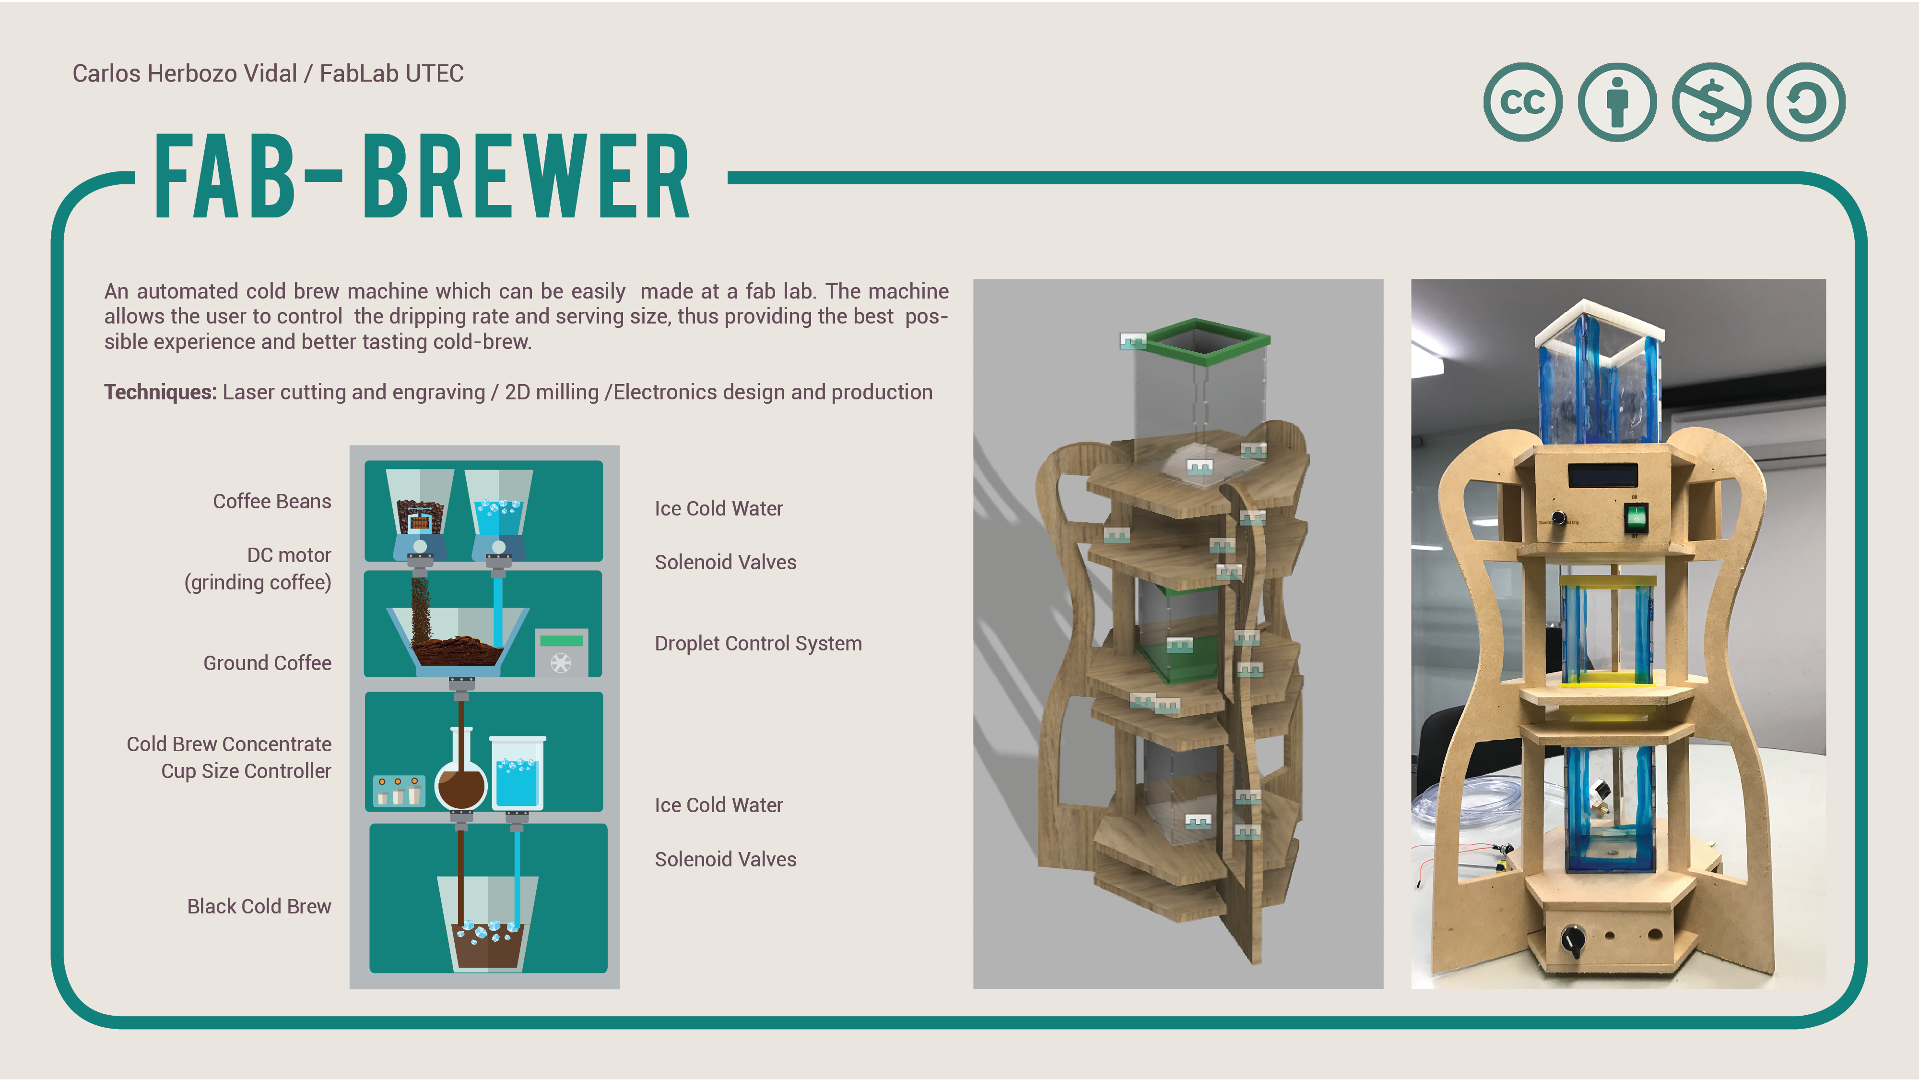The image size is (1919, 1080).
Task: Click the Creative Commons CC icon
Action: [1523, 102]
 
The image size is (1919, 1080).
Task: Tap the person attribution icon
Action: [1617, 102]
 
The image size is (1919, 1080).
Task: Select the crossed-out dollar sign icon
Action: [1712, 102]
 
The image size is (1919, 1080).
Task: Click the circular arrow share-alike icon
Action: [1806, 102]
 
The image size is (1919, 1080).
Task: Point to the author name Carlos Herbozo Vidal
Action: [185, 73]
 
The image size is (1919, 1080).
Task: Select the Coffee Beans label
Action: [272, 501]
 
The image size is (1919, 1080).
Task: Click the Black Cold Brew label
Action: [259, 906]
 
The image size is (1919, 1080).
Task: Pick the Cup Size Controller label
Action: [246, 771]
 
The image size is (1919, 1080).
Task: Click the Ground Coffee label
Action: [268, 662]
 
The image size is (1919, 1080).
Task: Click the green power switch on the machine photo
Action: [1636, 516]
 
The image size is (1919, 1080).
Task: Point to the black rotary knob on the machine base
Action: [1573, 941]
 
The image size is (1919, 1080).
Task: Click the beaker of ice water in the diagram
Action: [517, 772]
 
